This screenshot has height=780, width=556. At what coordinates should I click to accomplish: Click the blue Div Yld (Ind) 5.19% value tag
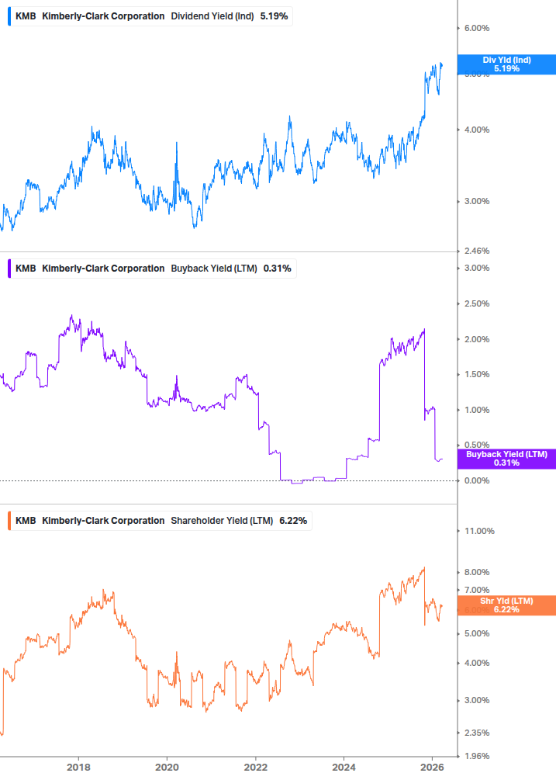(x=506, y=64)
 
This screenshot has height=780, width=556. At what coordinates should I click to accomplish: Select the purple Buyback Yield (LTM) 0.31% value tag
(x=506, y=459)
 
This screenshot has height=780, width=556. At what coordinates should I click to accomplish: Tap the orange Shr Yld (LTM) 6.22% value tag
(x=506, y=605)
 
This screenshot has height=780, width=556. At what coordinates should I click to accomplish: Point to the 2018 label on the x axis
(x=78, y=767)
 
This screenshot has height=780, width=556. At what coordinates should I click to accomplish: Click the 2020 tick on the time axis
(x=167, y=767)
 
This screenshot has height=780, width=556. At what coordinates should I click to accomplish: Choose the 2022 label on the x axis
(x=256, y=767)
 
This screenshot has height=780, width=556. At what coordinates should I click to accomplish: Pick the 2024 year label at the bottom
(x=345, y=767)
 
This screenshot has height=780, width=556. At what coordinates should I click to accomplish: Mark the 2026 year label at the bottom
(x=434, y=767)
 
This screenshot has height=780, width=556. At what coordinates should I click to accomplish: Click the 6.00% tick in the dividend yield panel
(x=476, y=28)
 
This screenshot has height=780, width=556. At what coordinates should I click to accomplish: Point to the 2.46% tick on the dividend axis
(x=476, y=251)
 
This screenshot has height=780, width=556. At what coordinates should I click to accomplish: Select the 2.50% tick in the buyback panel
(x=476, y=303)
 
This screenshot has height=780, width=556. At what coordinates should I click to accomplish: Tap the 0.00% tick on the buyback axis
(x=476, y=480)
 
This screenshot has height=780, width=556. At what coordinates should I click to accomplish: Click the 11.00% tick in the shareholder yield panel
(x=478, y=531)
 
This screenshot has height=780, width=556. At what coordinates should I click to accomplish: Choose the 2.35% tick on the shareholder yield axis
(x=476, y=733)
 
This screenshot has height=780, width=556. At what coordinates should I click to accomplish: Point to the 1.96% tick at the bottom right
(x=476, y=756)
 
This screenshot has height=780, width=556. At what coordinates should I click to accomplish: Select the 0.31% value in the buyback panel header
(x=277, y=269)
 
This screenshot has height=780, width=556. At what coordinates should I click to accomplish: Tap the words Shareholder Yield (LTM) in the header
(x=221, y=521)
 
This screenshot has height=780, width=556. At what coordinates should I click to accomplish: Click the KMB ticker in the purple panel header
(x=26, y=269)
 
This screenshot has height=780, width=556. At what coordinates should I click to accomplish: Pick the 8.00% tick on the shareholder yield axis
(x=476, y=572)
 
